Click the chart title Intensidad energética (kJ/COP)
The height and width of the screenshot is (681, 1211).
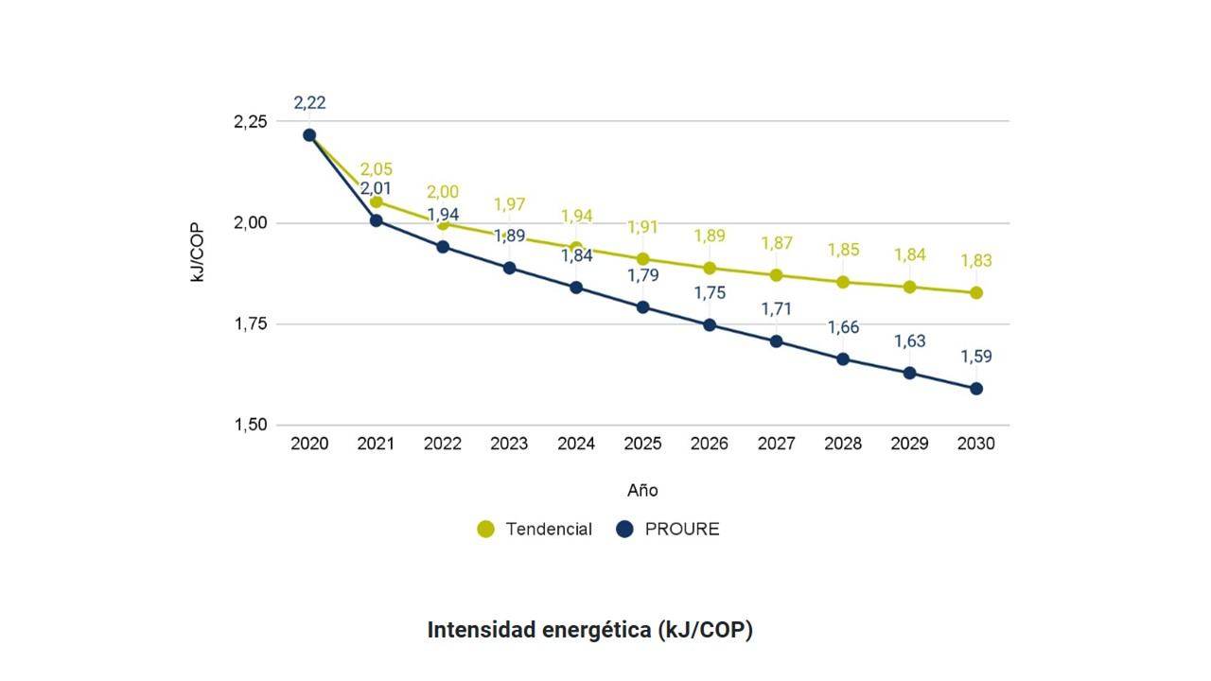[589, 630]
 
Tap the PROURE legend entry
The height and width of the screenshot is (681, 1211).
[667, 530]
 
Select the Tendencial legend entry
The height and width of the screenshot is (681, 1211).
[535, 530]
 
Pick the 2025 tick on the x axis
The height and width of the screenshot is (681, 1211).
[642, 444]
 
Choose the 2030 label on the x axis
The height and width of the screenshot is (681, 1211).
[975, 444]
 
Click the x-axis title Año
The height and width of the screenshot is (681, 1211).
[642, 491]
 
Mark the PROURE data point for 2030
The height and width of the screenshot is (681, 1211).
[975, 389]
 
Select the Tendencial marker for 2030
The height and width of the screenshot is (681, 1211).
[975, 293]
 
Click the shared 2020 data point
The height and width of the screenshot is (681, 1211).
[309, 135]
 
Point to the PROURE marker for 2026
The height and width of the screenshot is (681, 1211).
[710, 325]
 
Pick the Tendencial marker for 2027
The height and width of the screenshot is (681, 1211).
[776, 275]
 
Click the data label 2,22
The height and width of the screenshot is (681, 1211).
[309, 103]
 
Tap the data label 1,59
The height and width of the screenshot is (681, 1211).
[975, 358]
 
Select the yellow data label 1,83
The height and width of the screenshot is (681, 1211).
[975, 261]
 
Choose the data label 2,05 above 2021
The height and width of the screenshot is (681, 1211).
[376, 170]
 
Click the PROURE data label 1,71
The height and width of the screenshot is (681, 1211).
[776, 309]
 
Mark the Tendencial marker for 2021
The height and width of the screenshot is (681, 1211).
[376, 201]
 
